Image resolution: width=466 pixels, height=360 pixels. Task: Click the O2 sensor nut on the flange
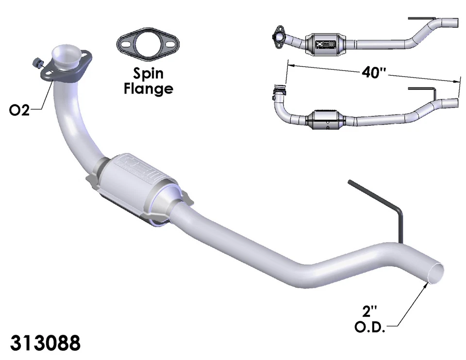click(x=36, y=63)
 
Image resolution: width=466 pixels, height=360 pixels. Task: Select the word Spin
click(x=149, y=74)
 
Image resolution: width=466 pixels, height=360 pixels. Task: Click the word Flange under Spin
click(x=149, y=89)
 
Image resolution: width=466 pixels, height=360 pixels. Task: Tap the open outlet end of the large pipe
click(x=434, y=271)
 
